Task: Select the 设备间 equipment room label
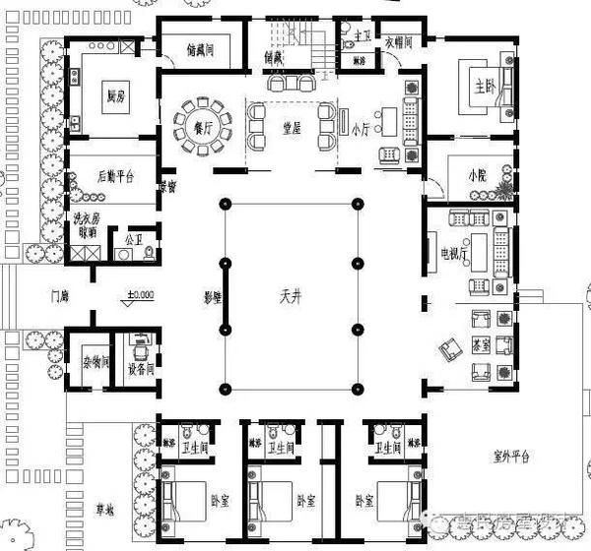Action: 142,370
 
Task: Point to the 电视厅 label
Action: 456,253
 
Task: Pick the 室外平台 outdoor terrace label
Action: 511,456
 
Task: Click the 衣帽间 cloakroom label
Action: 397,42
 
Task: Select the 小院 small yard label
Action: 478,175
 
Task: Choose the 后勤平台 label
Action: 116,176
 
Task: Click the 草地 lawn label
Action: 103,510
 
